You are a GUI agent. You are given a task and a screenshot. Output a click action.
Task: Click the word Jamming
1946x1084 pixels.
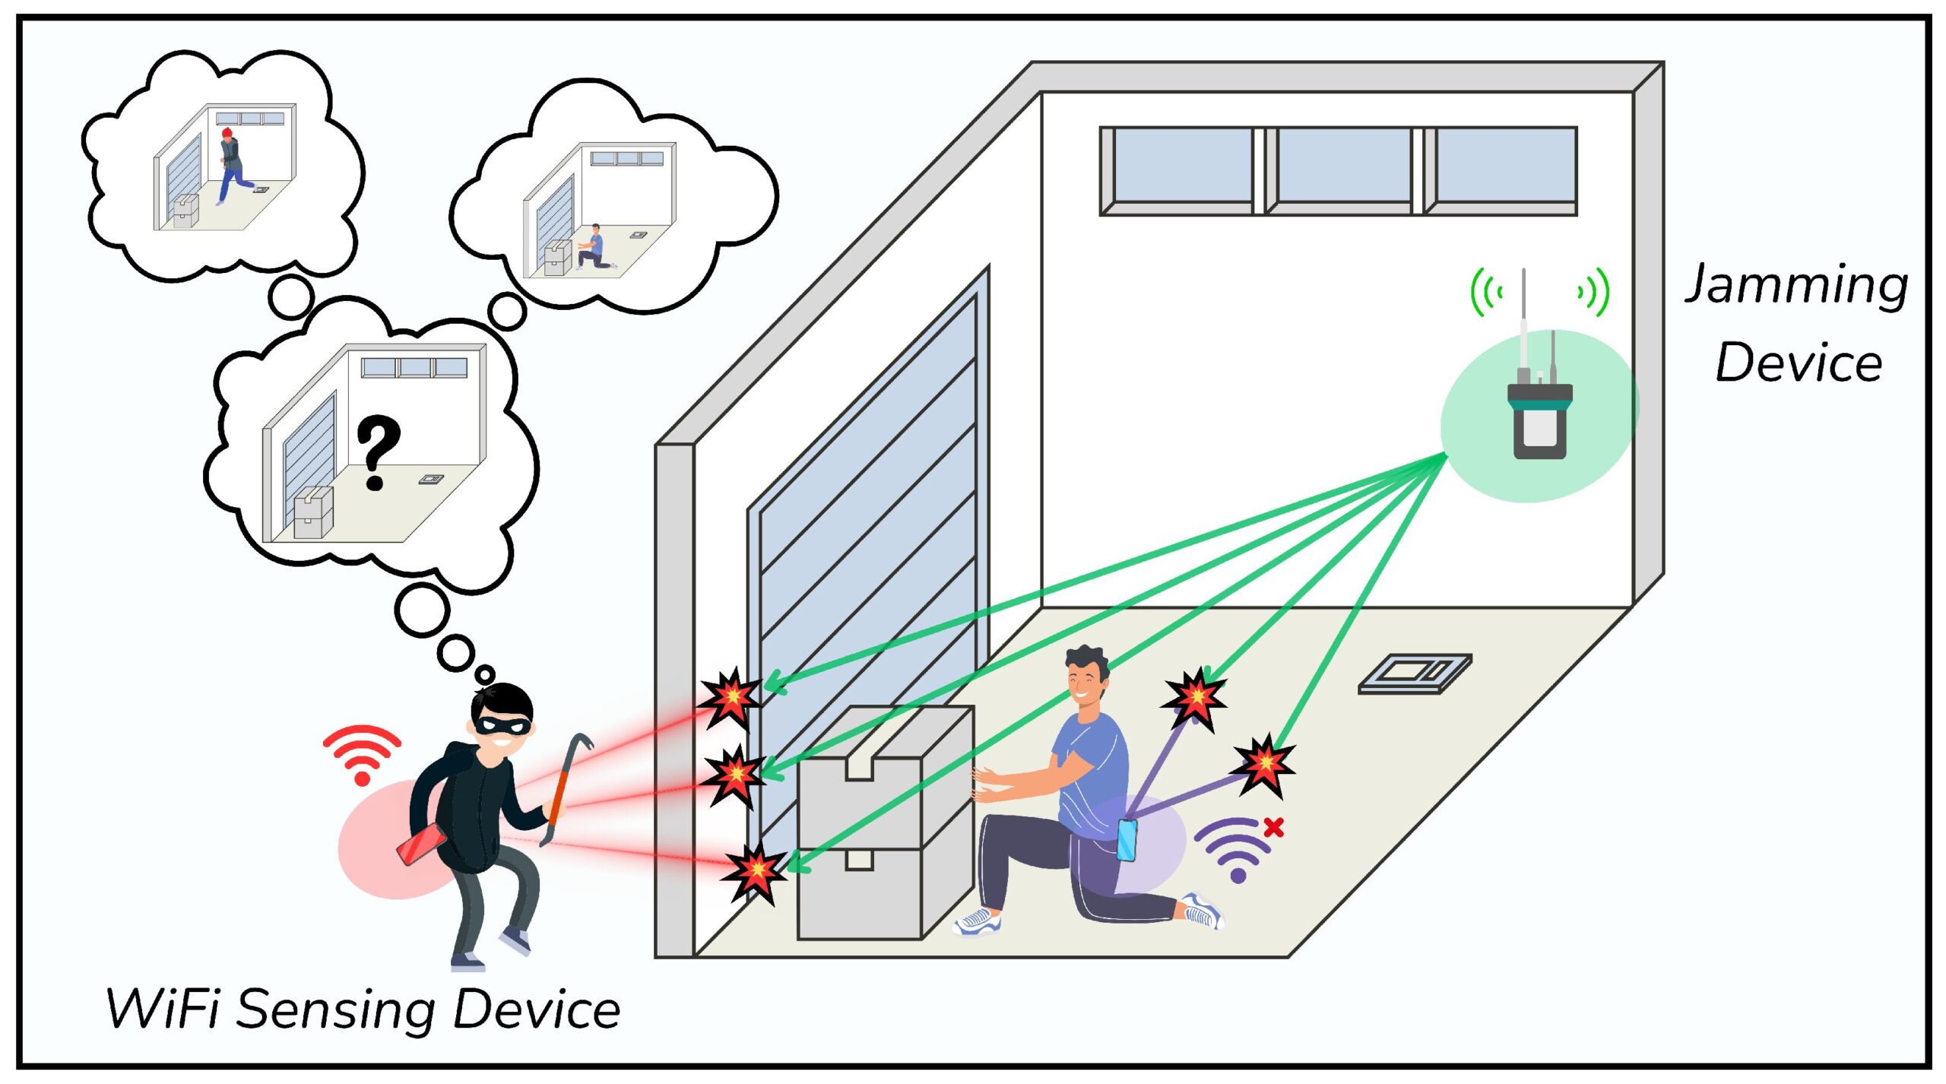(x=1795, y=285)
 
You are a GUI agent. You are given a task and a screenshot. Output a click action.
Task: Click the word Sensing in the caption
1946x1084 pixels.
(x=336, y=1010)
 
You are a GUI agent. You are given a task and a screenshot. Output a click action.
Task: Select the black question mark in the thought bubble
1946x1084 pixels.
(x=377, y=451)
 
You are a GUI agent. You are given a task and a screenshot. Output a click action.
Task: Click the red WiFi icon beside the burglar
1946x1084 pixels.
(x=362, y=753)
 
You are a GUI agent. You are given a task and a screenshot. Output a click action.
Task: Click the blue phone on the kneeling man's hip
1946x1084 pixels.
(x=1127, y=840)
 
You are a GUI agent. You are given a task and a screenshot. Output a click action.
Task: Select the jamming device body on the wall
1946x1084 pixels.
(x=1540, y=422)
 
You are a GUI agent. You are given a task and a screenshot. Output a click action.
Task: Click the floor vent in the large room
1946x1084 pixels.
(x=1415, y=674)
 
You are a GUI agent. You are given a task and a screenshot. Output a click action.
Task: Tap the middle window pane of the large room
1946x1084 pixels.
(x=1343, y=166)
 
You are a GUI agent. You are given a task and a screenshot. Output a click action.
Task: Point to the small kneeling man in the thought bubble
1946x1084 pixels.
(x=593, y=247)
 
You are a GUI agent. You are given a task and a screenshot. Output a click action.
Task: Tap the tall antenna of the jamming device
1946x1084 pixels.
(x=1523, y=319)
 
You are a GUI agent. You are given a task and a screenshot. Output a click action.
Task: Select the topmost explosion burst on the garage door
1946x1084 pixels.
(x=730, y=696)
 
